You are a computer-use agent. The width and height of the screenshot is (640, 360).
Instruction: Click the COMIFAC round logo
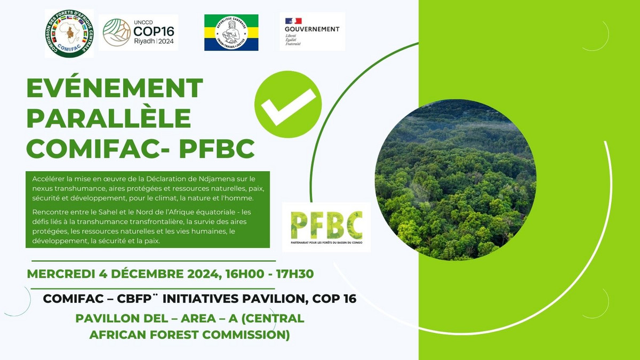tap(69, 33)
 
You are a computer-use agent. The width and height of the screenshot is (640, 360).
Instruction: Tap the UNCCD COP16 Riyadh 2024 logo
tap(140, 33)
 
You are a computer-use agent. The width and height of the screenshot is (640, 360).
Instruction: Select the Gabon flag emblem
tap(231, 33)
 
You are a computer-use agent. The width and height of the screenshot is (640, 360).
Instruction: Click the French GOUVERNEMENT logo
tap(312, 31)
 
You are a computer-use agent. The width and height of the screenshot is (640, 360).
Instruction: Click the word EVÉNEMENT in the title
tap(115, 89)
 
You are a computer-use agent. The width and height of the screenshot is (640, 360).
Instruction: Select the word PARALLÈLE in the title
tap(109, 118)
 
